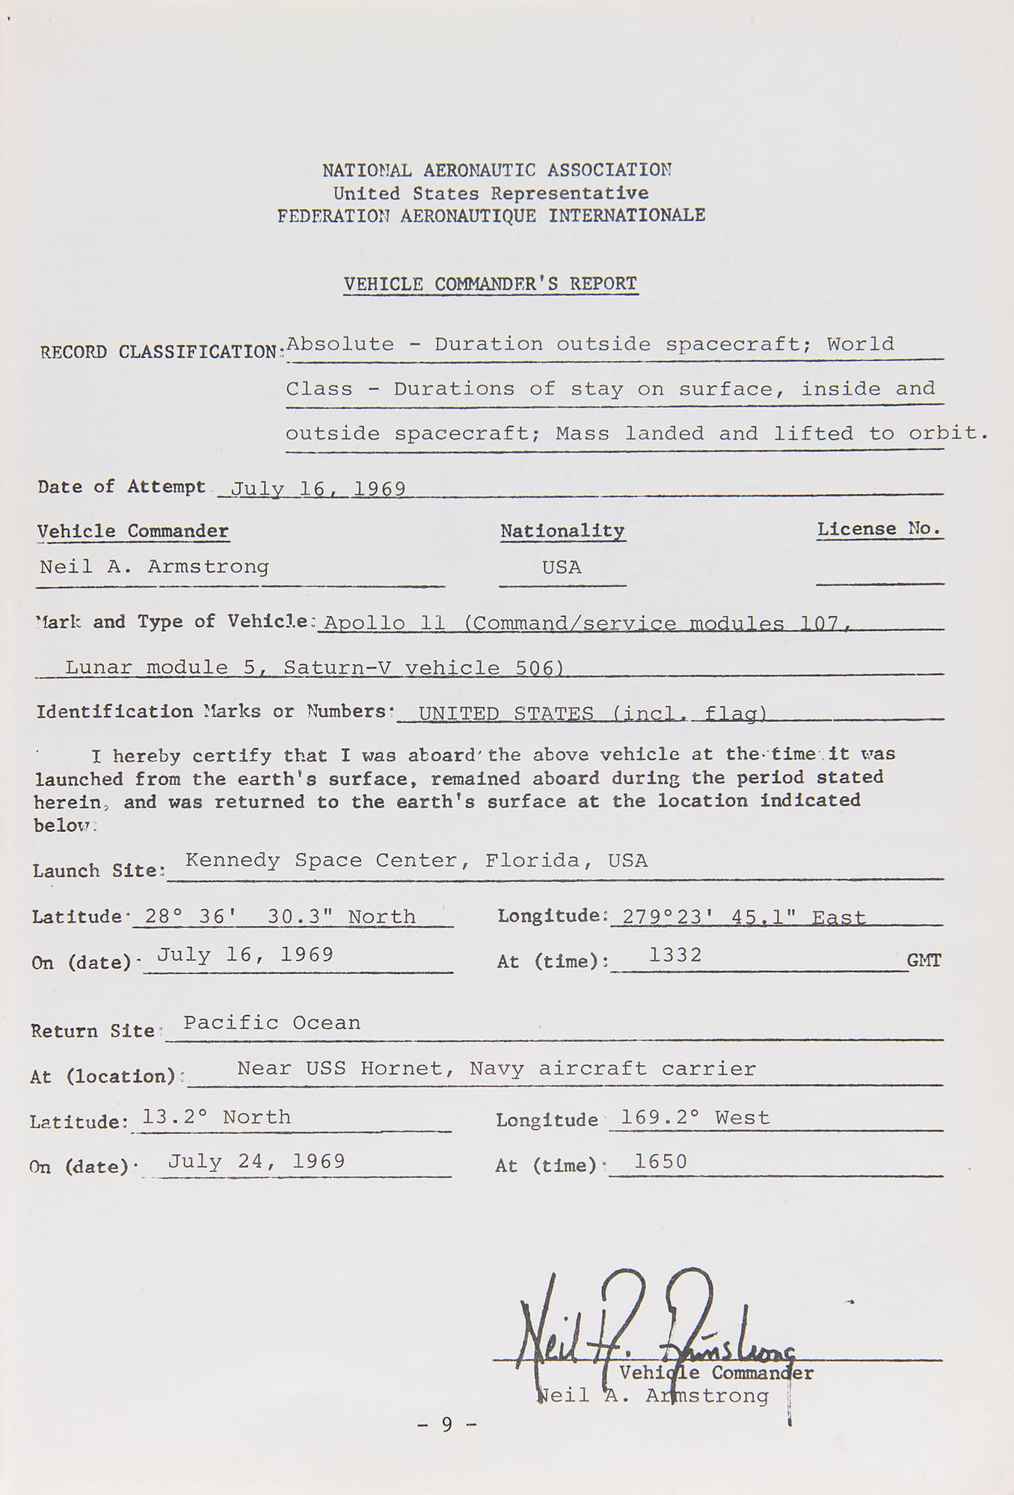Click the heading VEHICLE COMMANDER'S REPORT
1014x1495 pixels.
tap(491, 284)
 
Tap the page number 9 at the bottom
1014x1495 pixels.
tap(447, 1425)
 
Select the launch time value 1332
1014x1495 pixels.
tap(675, 955)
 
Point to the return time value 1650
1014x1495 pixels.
tap(660, 1161)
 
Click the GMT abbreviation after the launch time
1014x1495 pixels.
tap(924, 961)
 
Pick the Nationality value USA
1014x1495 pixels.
tap(562, 567)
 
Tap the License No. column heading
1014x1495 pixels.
tap(879, 529)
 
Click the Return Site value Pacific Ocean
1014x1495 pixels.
tap(271, 1023)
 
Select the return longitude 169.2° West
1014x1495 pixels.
tap(695, 1118)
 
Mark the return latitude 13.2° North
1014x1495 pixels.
tap(216, 1117)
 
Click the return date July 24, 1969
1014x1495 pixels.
tap(256, 1161)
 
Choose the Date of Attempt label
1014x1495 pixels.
tap(121, 487)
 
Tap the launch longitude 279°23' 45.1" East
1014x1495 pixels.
tap(743, 917)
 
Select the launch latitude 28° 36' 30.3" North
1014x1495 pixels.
tap(280, 916)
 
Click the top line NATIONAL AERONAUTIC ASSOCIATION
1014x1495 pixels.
tap(497, 170)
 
